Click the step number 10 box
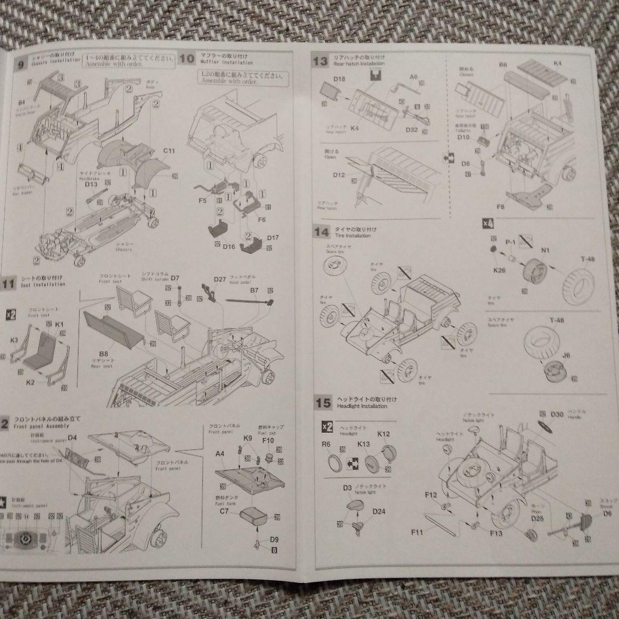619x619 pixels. point(186,58)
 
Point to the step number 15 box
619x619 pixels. point(323,402)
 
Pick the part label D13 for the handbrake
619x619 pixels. point(91,183)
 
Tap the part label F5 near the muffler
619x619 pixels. point(202,202)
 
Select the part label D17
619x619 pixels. point(272,237)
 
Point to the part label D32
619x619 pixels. point(412,130)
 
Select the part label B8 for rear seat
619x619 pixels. point(104,354)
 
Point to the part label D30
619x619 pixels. point(557,414)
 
